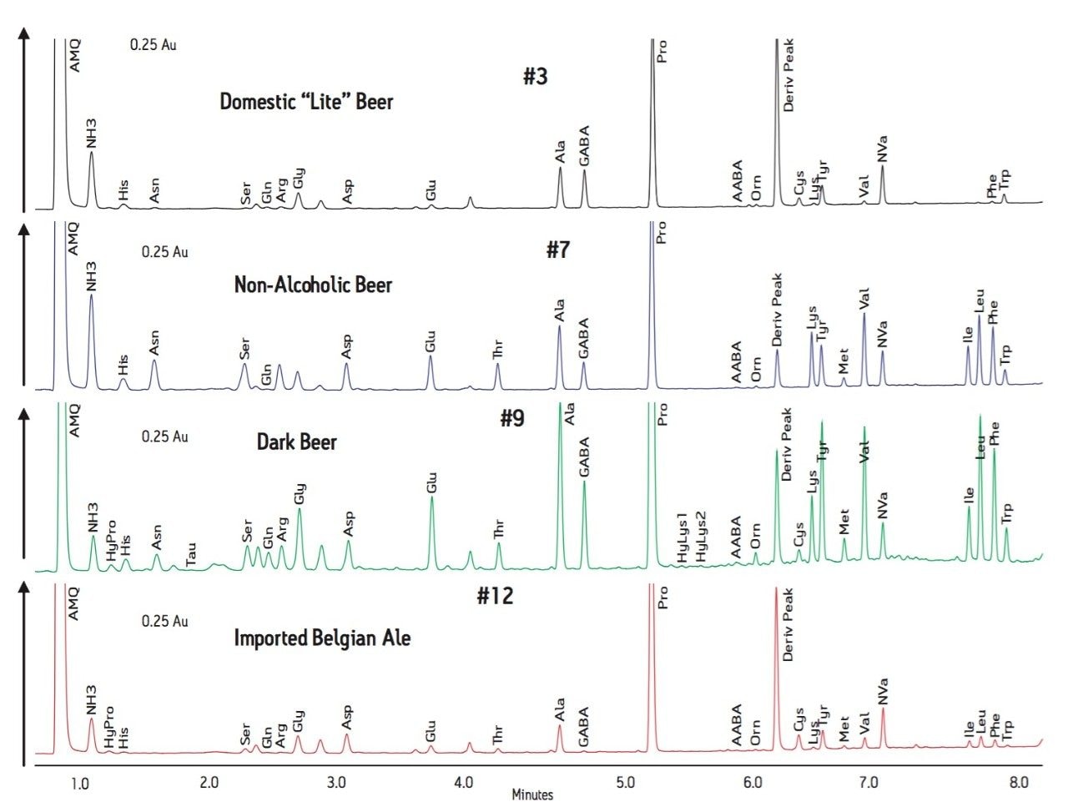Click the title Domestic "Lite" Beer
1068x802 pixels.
(306, 102)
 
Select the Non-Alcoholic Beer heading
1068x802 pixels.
(313, 285)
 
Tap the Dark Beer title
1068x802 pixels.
(296, 441)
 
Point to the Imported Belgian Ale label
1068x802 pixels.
(322, 638)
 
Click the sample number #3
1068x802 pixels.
(536, 77)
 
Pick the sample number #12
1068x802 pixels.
(495, 597)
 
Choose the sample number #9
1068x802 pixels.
(512, 418)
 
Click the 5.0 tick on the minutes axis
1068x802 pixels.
(625, 783)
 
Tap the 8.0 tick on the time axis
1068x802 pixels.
(1018, 783)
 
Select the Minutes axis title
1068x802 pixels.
(532, 794)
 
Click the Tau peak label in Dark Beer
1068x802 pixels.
(192, 553)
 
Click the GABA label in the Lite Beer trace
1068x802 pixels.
(584, 146)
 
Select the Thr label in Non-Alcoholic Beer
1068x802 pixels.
(498, 350)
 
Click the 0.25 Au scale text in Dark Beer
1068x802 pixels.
(164, 436)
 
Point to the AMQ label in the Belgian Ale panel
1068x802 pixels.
(73, 603)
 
